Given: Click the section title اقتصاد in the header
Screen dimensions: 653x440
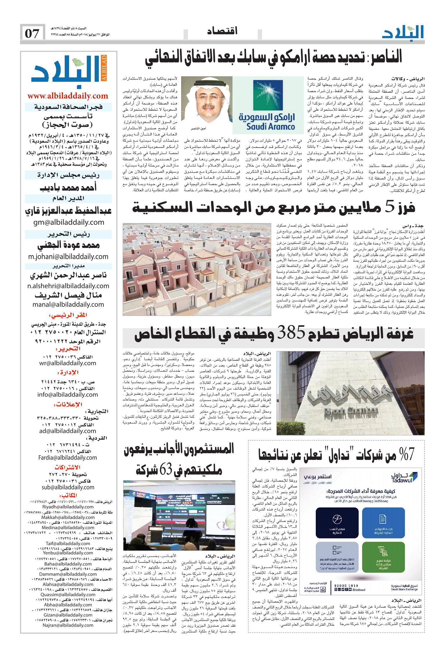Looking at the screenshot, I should click(223, 31).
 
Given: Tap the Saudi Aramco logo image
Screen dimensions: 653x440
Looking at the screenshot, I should click(266, 105).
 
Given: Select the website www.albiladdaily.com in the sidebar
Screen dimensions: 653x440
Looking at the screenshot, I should click(68, 96).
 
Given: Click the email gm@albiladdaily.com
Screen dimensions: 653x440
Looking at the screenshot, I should click(68, 222).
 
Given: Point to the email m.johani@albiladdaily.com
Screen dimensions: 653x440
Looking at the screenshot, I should click(68, 256).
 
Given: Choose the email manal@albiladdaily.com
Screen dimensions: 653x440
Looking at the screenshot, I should click(68, 304).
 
